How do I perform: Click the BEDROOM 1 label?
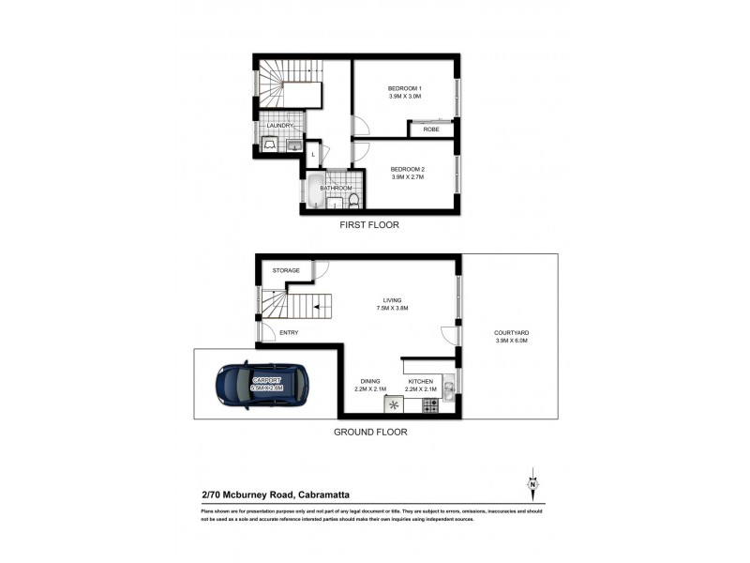tap(405, 88)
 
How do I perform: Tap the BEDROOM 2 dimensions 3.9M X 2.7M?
tap(405, 175)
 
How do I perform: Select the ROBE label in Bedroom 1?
tap(432, 129)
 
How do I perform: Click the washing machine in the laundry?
tap(270, 145)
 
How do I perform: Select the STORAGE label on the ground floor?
tap(285, 270)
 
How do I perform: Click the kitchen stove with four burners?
tap(431, 406)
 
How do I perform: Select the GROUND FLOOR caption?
tap(372, 433)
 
